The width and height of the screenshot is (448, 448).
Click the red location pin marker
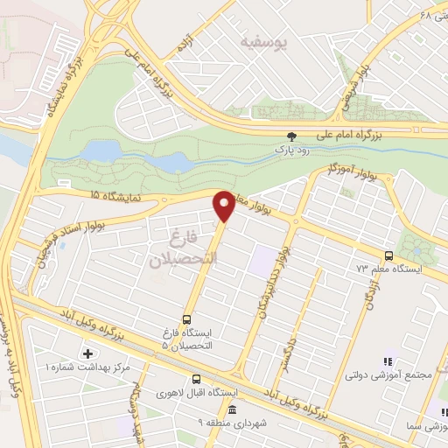coord(224,206)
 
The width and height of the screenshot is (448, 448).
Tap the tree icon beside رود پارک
coord(292,136)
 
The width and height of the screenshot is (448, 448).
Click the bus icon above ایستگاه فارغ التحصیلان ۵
coord(186,319)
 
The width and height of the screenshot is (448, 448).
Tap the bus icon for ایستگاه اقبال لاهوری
coord(195,379)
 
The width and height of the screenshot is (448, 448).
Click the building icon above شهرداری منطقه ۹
coord(232,410)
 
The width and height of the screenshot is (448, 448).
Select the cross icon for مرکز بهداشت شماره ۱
coord(87,354)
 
